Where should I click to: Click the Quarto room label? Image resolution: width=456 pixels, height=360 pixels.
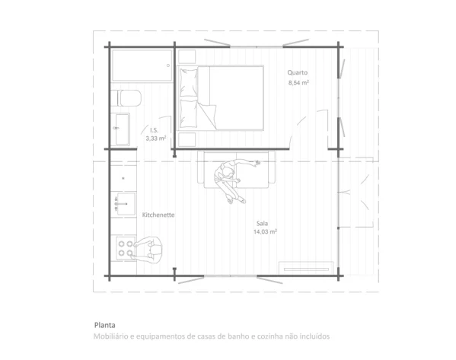click(x=297, y=73)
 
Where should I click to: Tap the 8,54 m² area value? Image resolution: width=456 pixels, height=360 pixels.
click(x=298, y=83)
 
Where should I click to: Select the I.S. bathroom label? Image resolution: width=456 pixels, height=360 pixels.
click(x=154, y=130)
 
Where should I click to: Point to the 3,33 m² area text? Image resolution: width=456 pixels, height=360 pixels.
click(x=156, y=139)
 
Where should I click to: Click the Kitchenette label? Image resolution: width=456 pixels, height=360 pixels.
click(x=158, y=215)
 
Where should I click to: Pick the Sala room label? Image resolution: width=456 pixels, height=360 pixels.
click(x=262, y=223)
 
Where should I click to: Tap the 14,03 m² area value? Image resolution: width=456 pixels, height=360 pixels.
click(x=265, y=232)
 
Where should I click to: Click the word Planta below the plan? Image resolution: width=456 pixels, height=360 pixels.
click(x=105, y=325)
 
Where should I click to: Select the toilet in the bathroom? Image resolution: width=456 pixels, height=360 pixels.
click(x=126, y=98)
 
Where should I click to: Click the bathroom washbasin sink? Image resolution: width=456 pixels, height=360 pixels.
click(x=121, y=129)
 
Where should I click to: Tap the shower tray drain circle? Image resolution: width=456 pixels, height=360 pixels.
click(x=168, y=65)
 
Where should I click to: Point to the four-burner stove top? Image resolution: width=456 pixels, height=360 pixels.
click(x=126, y=248)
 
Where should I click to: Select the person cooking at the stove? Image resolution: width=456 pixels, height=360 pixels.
click(x=148, y=250)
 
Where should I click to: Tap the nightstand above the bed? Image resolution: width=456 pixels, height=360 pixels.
click(x=187, y=56)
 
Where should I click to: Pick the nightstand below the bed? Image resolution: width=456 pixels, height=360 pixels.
click(x=187, y=139)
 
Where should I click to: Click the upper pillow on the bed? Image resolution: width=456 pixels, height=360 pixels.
click(x=189, y=83)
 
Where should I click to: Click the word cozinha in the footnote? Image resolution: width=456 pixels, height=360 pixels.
click(x=270, y=336)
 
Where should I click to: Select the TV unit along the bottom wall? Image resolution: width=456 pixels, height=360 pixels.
click(x=306, y=268)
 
